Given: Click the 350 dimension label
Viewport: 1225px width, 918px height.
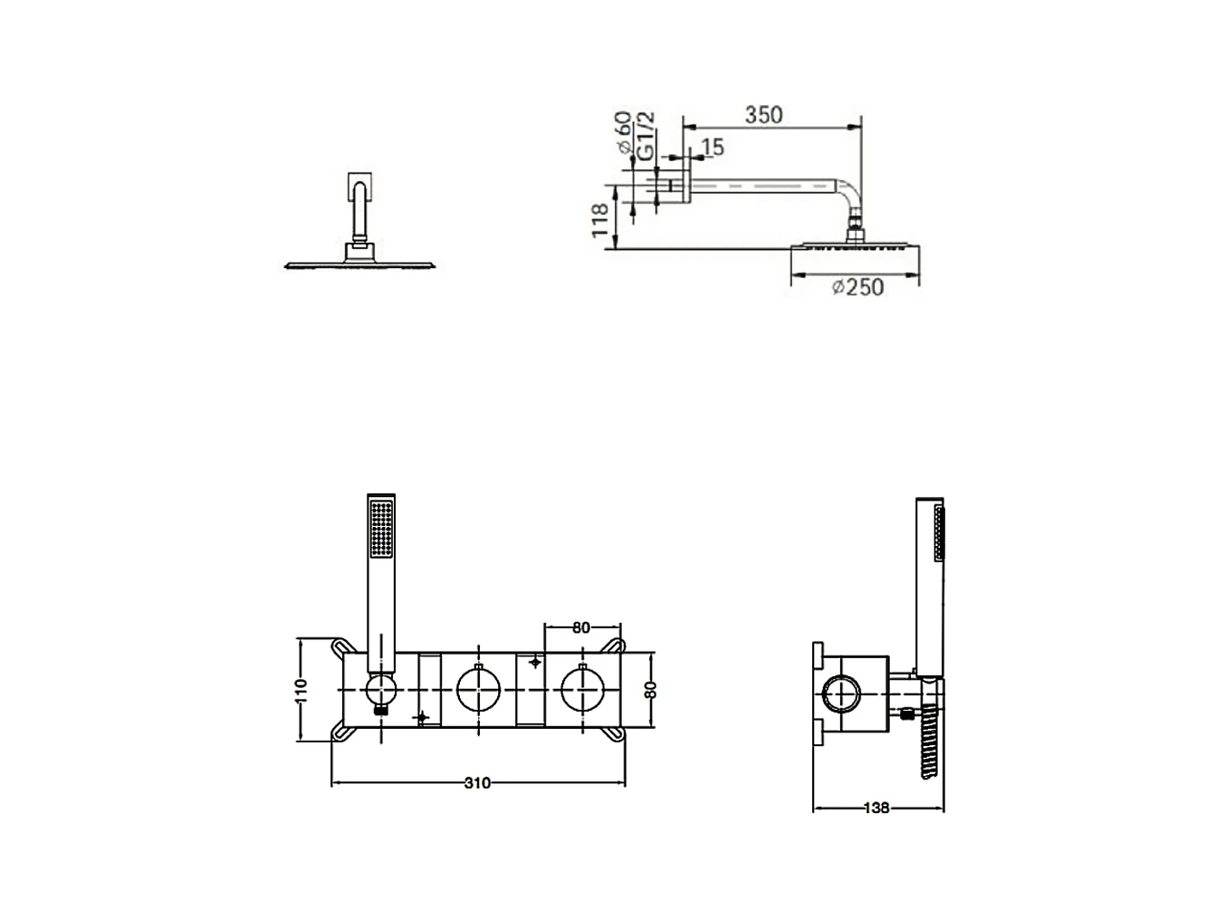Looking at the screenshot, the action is (763, 115).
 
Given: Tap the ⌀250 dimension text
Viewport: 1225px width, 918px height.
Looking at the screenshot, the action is (857, 287).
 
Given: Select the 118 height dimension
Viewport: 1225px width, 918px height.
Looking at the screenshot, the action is (600, 220).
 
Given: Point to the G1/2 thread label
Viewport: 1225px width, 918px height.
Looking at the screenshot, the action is (646, 136).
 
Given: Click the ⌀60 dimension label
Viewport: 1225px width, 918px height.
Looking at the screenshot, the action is (624, 133).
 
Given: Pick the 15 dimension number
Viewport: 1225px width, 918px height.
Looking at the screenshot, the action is (713, 148).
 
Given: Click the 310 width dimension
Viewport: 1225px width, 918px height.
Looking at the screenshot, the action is (477, 783).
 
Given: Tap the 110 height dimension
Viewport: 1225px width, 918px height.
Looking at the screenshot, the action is (301, 691).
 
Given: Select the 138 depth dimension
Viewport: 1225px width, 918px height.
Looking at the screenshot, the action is (876, 808).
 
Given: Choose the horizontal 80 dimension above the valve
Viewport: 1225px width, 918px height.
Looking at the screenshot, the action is (581, 627).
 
